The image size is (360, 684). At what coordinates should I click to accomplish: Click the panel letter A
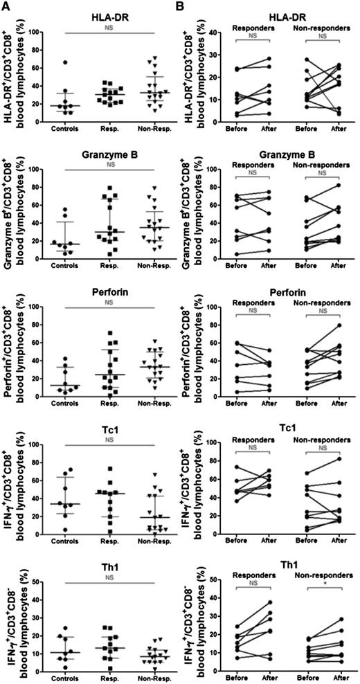[x=6, y=6]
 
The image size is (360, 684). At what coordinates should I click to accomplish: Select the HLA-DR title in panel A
[x=111, y=15]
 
